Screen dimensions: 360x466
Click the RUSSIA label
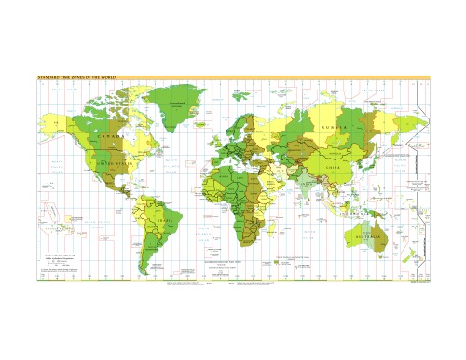tap(333, 127)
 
